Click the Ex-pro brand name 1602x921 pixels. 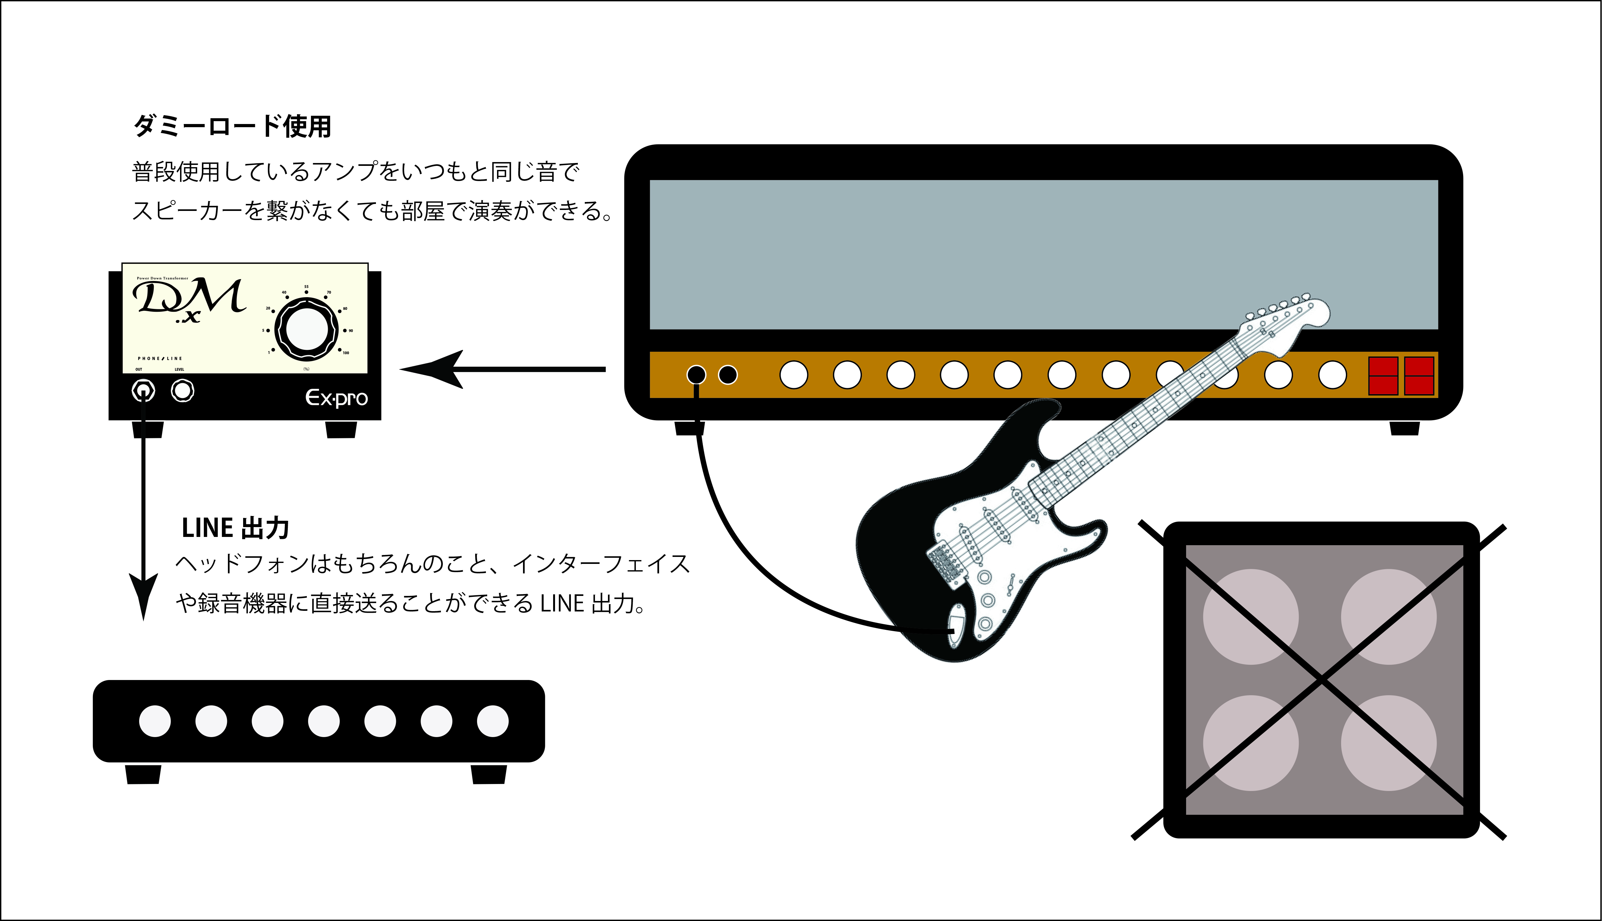[x=336, y=398]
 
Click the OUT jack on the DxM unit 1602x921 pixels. [x=144, y=390]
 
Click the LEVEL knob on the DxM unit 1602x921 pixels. [x=183, y=390]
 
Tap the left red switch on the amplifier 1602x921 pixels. [x=1383, y=376]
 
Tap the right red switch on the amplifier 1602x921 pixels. [x=1419, y=376]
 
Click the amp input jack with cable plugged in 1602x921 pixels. [x=696, y=375]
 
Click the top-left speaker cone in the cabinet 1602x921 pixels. [x=1250, y=617]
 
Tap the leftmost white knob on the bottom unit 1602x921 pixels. [x=155, y=721]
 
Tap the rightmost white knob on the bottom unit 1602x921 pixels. [x=493, y=721]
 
